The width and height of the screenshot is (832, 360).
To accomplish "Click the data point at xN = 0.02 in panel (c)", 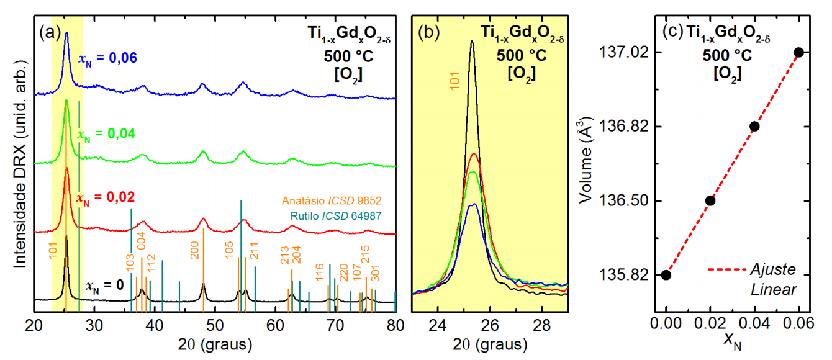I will point(710,200).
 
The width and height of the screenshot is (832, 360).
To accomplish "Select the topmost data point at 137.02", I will point(799,52).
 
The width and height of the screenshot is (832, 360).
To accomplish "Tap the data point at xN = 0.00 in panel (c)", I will point(666,274).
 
